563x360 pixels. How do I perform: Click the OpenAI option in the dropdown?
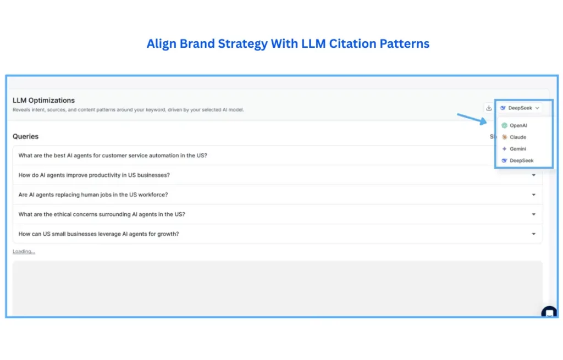coord(517,125)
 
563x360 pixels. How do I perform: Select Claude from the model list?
coord(517,137)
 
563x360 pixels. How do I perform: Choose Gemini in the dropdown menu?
coord(517,149)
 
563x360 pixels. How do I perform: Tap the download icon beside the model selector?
coord(489,108)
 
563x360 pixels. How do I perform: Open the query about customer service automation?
coord(113,156)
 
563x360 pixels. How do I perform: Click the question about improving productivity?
coord(94,175)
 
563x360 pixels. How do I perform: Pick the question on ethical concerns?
coord(101,214)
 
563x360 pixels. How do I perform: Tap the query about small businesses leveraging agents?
coord(98,234)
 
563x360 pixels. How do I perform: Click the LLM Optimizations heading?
coord(43,101)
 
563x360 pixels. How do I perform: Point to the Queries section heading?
coord(25,136)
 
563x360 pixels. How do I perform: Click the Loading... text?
coord(24,252)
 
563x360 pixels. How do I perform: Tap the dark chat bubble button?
coord(549,313)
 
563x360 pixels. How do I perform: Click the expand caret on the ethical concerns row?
coord(533,214)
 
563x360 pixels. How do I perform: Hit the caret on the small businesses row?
coord(533,234)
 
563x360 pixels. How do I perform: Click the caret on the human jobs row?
coord(533,195)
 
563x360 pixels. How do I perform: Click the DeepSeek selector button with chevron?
coord(520,108)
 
